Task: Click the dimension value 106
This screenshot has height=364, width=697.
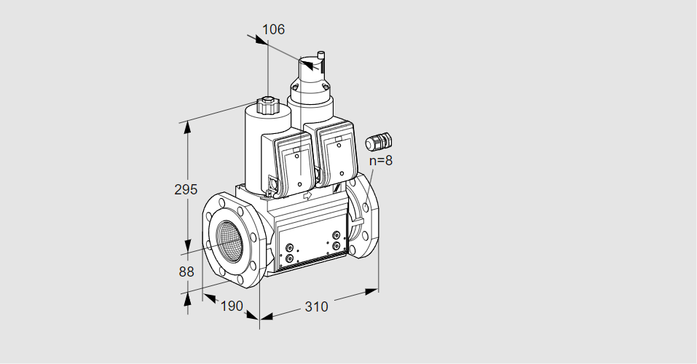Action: (273, 29)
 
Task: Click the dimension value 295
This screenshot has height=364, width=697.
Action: (186, 189)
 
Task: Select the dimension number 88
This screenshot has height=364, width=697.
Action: (186, 272)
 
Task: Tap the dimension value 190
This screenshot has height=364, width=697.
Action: (232, 306)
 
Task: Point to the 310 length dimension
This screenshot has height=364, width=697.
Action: (316, 306)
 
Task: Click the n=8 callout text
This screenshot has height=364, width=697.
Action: (381, 160)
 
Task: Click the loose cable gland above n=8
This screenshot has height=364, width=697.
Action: (379, 141)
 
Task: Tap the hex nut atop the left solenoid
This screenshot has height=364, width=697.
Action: (267, 106)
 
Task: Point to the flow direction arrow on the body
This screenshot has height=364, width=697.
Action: (307, 195)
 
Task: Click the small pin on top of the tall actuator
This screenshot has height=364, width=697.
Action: (320, 57)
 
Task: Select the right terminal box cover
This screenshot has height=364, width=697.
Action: (338, 157)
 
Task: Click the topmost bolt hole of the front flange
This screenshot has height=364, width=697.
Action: (222, 204)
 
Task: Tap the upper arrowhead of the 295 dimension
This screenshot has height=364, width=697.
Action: (188, 128)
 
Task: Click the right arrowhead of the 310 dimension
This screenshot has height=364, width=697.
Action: (371, 291)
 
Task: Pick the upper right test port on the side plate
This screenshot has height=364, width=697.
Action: (336, 235)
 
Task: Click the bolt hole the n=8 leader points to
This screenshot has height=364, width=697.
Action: (366, 207)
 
